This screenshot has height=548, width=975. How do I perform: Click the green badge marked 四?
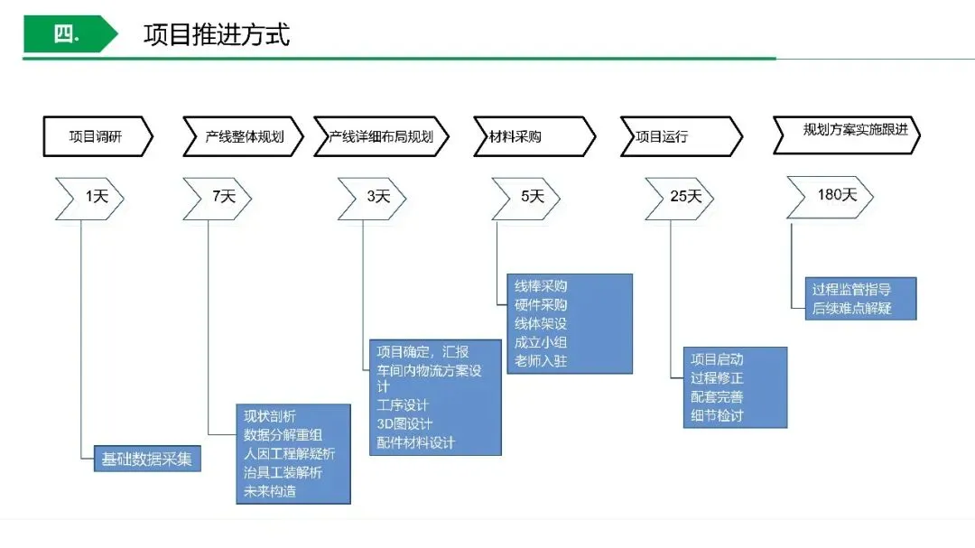[x=68, y=34]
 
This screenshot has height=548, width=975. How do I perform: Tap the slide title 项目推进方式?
[x=217, y=34]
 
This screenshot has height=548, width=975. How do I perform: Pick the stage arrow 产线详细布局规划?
[x=381, y=137]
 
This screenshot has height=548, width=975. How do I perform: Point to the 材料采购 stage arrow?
[x=534, y=137]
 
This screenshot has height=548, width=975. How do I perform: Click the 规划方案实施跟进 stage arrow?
[x=853, y=132]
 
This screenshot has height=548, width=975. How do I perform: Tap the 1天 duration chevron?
[x=90, y=197]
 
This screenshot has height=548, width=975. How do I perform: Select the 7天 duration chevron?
[x=218, y=197]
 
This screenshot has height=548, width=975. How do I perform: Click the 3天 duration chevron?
[x=373, y=197]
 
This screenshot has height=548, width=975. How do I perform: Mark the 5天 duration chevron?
[x=526, y=197]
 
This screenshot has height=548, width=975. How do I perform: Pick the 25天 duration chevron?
[x=680, y=197]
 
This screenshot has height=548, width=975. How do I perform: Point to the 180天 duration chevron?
[x=831, y=195]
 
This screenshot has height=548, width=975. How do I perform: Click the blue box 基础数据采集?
[x=147, y=459]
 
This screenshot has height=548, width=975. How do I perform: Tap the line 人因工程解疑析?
[x=289, y=453]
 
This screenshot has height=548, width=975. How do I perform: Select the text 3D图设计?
[x=404, y=423]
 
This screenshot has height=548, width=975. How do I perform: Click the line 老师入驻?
[x=541, y=361]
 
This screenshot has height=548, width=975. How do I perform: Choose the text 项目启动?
[x=717, y=358]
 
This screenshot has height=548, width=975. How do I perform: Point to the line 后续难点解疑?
[x=851, y=309]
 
